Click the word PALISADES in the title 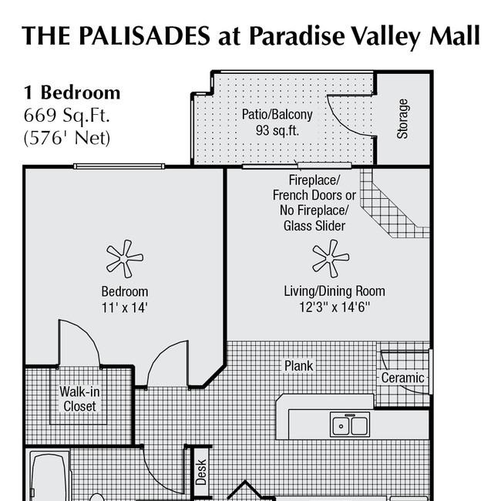(x=144, y=35)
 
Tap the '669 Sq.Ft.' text (x=67, y=115)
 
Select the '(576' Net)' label (x=67, y=138)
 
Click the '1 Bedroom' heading (x=72, y=92)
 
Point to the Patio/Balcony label (x=277, y=114)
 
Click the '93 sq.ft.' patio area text (x=277, y=130)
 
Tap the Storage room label (x=402, y=119)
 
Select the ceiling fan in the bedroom (x=125, y=258)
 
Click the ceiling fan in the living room (x=331, y=258)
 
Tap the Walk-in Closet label (x=79, y=398)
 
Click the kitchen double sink (x=350, y=425)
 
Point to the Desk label (x=201, y=472)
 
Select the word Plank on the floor (x=299, y=366)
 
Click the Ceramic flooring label (x=402, y=378)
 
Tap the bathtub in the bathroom (x=50, y=476)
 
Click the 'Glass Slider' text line (x=314, y=226)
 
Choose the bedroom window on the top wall (x=119, y=166)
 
